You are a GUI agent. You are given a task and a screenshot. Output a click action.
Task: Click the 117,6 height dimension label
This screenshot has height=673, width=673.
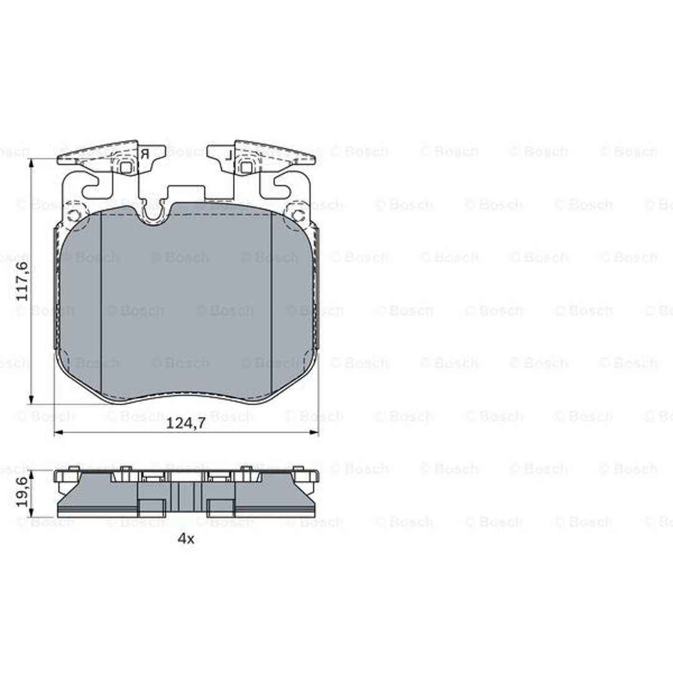point(22,281)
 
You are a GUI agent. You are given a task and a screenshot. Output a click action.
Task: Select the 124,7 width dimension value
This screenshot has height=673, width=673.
point(186,423)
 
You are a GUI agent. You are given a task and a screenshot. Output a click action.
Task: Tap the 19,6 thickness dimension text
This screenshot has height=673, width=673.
point(22,492)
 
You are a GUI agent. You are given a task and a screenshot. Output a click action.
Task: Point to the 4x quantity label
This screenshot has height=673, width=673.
point(186,538)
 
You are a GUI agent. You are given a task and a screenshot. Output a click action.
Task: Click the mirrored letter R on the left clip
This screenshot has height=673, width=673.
point(145,155)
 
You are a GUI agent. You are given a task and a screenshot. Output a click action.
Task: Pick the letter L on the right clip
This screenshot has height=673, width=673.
point(229,155)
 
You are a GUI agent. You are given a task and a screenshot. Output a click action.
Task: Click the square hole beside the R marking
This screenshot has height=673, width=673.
point(126,167)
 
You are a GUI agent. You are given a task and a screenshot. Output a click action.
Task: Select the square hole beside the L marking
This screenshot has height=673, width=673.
point(246,167)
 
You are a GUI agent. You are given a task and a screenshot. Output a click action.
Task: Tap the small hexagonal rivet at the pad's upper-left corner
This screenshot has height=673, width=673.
point(74,214)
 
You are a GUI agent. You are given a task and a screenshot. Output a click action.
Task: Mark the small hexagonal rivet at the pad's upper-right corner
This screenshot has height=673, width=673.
point(297,214)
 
